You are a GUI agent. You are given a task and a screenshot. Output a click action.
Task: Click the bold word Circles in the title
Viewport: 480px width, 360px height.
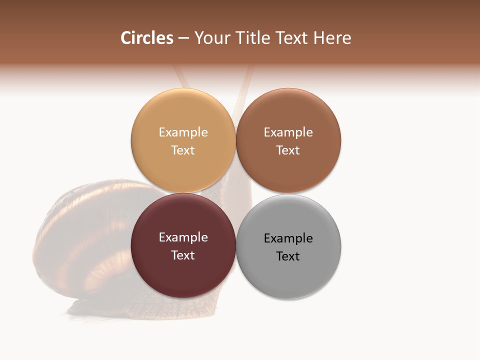[x=146, y=38]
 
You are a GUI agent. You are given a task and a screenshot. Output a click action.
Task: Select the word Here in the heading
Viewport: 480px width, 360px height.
[x=332, y=38]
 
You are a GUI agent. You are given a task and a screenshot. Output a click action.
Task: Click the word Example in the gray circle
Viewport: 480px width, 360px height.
[x=288, y=238]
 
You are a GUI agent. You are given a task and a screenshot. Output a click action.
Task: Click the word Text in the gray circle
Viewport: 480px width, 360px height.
[x=288, y=256]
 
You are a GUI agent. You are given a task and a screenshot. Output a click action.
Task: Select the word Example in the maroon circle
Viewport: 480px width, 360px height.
[x=183, y=237]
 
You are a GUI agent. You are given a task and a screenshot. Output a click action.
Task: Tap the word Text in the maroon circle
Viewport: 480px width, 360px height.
[x=183, y=255]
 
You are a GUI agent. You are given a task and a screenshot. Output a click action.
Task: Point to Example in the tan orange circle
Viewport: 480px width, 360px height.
[x=183, y=132]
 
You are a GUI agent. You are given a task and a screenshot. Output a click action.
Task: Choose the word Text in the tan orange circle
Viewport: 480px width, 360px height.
[x=183, y=150]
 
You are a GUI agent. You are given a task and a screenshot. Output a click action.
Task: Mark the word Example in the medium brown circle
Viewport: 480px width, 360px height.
[x=288, y=132]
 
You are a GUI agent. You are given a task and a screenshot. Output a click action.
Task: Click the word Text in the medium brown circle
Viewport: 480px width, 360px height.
[x=288, y=150]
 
